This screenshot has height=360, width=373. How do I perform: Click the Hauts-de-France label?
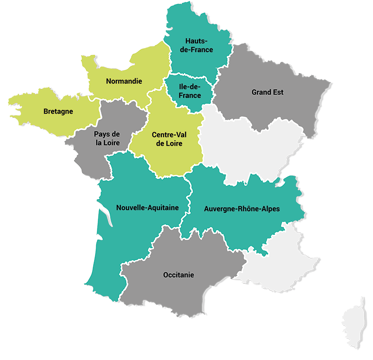tap(199, 45)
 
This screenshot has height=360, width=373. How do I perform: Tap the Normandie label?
tap(124, 81)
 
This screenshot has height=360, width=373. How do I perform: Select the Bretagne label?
tap(58, 111)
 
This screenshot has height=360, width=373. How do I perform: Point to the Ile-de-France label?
tap(190, 91)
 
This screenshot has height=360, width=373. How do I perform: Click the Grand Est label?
tap(268, 92)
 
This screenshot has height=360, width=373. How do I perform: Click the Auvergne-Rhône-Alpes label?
tap(242, 209)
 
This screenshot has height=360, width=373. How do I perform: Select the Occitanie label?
tap(179, 275)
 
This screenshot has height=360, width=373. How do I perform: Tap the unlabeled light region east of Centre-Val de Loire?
tap(252, 144)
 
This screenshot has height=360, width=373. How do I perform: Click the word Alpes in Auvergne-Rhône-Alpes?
tap(269, 209)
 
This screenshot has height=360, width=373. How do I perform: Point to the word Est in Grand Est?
tap(278, 92)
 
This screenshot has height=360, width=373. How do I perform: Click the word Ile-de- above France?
tap(190, 87)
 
